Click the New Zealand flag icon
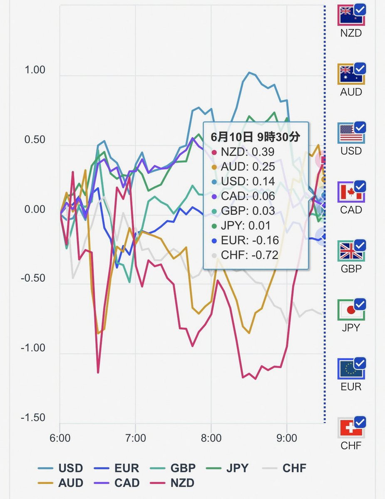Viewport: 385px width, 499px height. [351, 15]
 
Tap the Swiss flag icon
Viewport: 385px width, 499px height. [351, 427]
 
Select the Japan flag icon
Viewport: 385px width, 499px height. [351, 310]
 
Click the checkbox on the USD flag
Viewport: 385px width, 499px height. [360, 127]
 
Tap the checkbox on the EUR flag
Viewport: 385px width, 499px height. [360, 363]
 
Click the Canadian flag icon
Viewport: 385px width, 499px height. [351, 192]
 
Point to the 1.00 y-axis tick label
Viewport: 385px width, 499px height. [35, 70]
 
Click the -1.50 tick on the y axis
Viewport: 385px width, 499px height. [33, 417]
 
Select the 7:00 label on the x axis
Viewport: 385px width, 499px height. [136, 438]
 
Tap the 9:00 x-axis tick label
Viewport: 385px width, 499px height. [287, 438]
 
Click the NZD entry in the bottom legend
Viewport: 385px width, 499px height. [172, 483]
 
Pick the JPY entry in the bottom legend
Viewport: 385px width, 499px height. [227, 468]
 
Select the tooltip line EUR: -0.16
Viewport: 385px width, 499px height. [245, 240]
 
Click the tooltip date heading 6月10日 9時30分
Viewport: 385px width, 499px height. [256, 137]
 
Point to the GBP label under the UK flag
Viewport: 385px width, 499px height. [351, 269]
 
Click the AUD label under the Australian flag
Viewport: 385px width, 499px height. [351, 92]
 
